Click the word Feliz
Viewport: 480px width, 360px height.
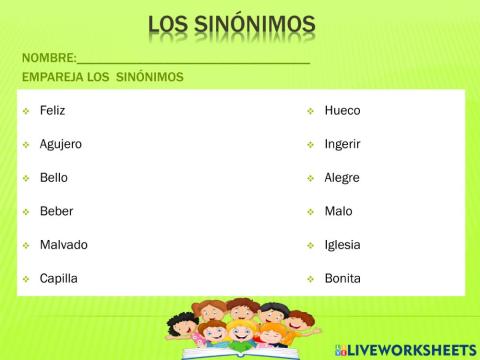point(52,110)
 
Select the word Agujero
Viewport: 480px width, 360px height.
point(60,144)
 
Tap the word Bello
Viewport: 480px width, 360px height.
point(54,177)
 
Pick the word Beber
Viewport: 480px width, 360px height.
point(56,211)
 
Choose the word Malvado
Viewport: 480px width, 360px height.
point(63,245)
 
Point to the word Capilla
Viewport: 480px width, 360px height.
point(58,278)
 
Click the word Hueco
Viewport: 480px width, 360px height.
point(342,110)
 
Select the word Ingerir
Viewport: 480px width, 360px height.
point(342,144)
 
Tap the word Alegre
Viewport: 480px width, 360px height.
point(342,177)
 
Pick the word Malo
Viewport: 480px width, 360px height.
point(338,211)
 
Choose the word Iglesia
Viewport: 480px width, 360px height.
point(342,245)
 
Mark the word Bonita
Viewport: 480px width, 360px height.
point(342,278)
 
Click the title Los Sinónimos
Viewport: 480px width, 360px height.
point(231,24)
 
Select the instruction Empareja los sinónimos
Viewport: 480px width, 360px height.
point(101,77)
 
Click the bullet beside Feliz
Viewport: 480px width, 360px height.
point(26,111)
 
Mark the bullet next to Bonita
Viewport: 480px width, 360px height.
point(311,279)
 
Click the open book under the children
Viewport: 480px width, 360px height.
point(240,349)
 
